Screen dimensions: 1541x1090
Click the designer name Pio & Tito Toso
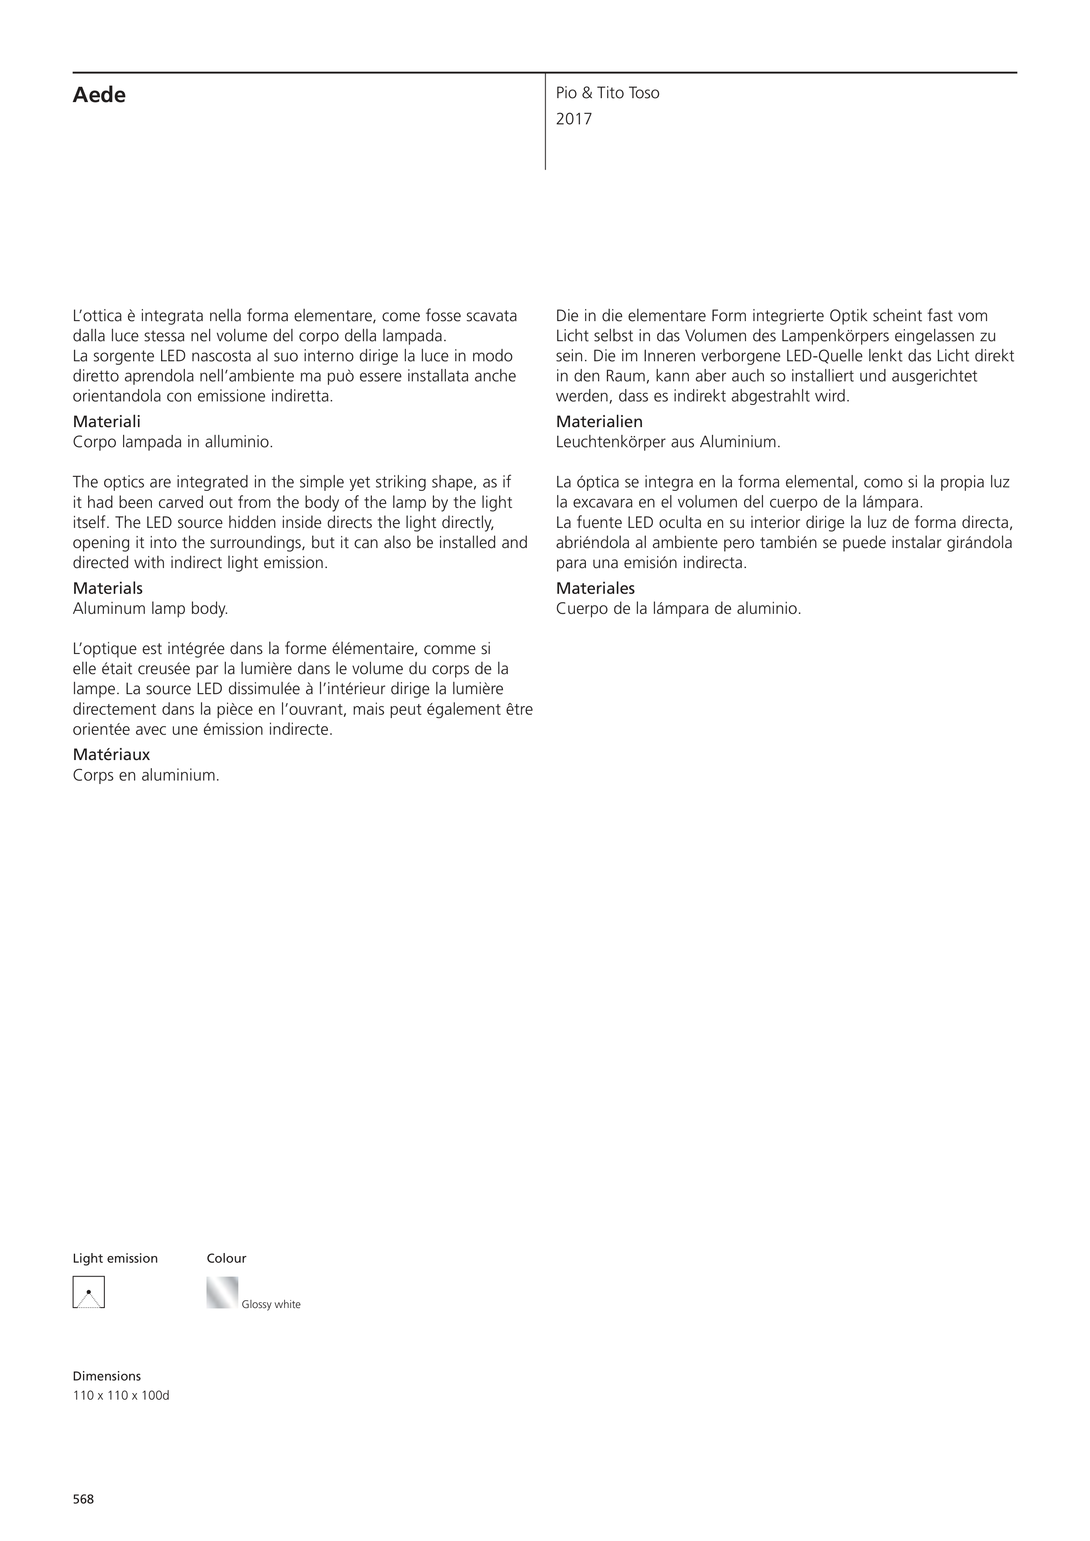click(x=607, y=93)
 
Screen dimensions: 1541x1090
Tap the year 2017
click(x=574, y=120)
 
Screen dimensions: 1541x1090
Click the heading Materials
click(x=107, y=588)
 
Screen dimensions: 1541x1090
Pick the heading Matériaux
click(x=111, y=754)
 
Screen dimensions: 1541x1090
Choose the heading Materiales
click(x=595, y=588)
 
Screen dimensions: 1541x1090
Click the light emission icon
click(x=89, y=1292)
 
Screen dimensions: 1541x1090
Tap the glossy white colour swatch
click(x=222, y=1292)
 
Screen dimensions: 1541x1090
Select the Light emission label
click(x=115, y=1258)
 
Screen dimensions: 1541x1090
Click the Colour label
click(x=226, y=1258)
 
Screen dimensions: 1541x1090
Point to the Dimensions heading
click(x=107, y=1376)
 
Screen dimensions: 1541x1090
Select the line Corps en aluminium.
click(x=146, y=775)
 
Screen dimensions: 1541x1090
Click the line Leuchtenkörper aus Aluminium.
click(x=667, y=442)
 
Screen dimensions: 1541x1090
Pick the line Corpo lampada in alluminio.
click(x=172, y=442)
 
